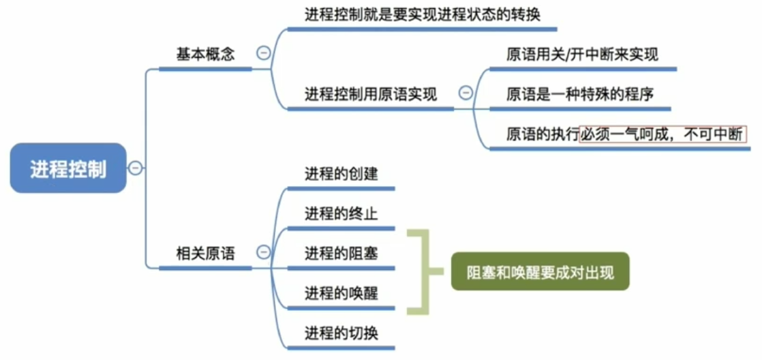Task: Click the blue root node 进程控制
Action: (x=68, y=168)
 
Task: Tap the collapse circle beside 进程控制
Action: (x=136, y=168)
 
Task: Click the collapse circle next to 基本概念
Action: (x=262, y=53)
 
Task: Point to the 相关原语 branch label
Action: (x=205, y=254)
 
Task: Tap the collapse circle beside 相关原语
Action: (x=262, y=253)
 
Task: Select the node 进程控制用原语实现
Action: (x=370, y=94)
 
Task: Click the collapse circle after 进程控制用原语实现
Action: (x=466, y=93)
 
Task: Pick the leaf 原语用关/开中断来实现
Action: (x=582, y=55)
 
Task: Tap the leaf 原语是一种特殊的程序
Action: (x=580, y=94)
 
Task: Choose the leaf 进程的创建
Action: (x=341, y=174)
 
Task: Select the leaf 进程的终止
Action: (x=341, y=213)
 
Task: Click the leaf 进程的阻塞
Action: (x=341, y=254)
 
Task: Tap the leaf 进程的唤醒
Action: (x=341, y=293)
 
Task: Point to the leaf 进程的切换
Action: (x=341, y=333)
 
